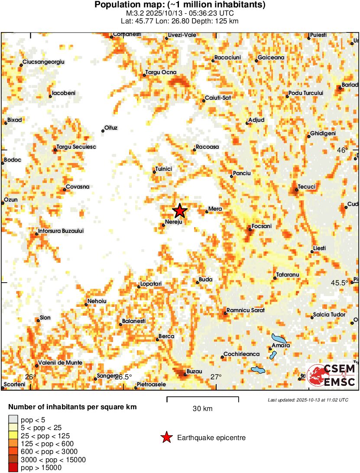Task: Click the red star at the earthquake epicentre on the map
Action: pyautogui.click(x=180, y=211)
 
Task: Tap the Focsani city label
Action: pyautogui.click(x=263, y=226)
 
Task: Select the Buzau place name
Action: pyautogui.click(x=194, y=372)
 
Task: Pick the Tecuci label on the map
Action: pyautogui.click(x=307, y=187)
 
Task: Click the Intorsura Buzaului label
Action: pyautogui.click(x=61, y=231)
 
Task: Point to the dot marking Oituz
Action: pyautogui.click(x=103, y=130)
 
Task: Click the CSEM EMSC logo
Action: pyautogui.click(x=331, y=375)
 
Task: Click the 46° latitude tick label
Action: pyautogui.click(x=342, y=150)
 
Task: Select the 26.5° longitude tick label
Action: pyautogui.click(x=123, y=377)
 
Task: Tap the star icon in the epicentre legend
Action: pyautogui.click(x=166, y=438)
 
